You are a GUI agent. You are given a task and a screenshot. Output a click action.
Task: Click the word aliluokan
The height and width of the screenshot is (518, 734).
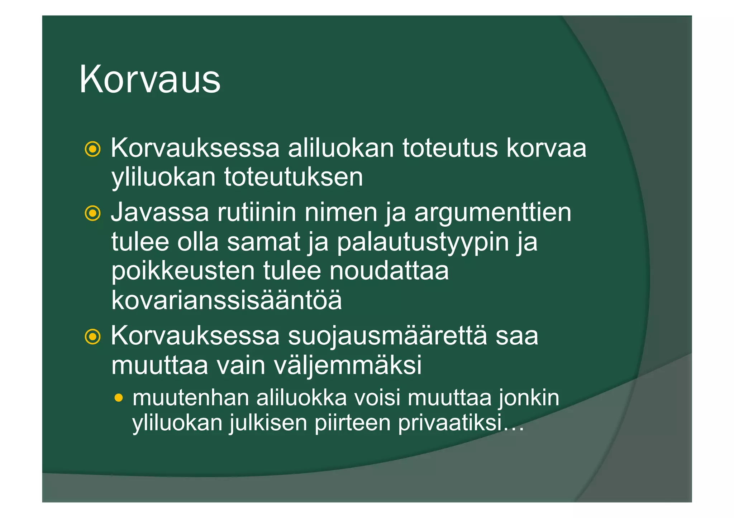point(340,148)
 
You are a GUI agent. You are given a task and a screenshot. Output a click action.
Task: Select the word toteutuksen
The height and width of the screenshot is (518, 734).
point(294,177)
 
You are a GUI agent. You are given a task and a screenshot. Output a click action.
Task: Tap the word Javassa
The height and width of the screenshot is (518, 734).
point(159,212)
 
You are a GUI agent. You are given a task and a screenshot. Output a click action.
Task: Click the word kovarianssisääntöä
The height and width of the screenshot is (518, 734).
point(227,300)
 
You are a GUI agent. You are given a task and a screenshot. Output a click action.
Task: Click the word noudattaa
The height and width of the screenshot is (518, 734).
point(389,271)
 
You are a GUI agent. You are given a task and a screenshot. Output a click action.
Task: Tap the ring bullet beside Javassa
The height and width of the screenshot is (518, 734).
point(92,213)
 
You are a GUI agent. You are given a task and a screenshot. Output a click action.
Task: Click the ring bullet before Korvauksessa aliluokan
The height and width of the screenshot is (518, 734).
point(92,149)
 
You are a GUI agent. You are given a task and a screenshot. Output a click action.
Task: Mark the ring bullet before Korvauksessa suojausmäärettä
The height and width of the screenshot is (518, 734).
point(92,337)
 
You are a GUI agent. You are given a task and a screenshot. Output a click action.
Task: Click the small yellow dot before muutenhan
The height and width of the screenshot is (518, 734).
point(119,398)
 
